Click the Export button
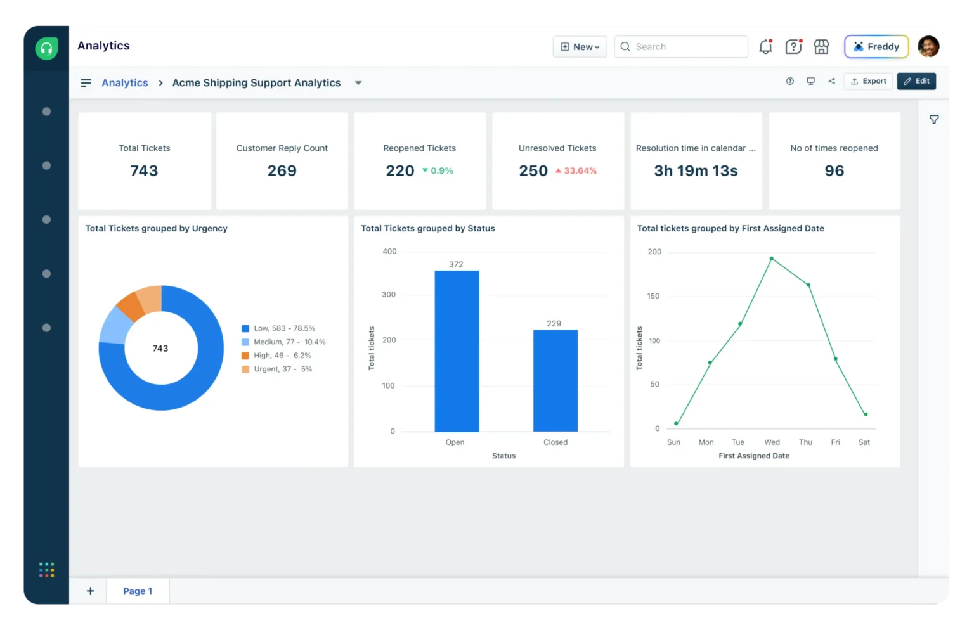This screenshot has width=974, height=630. coord(868,81)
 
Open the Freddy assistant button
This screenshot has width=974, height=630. coord(876,47)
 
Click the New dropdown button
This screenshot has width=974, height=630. coord(580,47)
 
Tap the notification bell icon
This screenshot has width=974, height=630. coord(765,47)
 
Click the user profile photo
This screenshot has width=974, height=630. coord(928,46)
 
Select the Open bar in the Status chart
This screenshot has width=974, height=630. coord(457,351)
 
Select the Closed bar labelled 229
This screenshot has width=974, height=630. coord(555,380)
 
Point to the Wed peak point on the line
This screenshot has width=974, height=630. coord(771,259)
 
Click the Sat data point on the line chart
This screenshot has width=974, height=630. coord(866,415)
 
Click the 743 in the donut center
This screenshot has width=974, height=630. coord(160,349)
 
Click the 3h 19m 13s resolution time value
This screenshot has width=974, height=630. coord(696,171)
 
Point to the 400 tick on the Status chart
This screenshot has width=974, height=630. coord(389,252)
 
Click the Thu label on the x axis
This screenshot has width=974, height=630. coord(805,442)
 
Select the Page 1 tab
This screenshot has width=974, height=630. coord(138,591)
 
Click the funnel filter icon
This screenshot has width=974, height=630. coord(934,120)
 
